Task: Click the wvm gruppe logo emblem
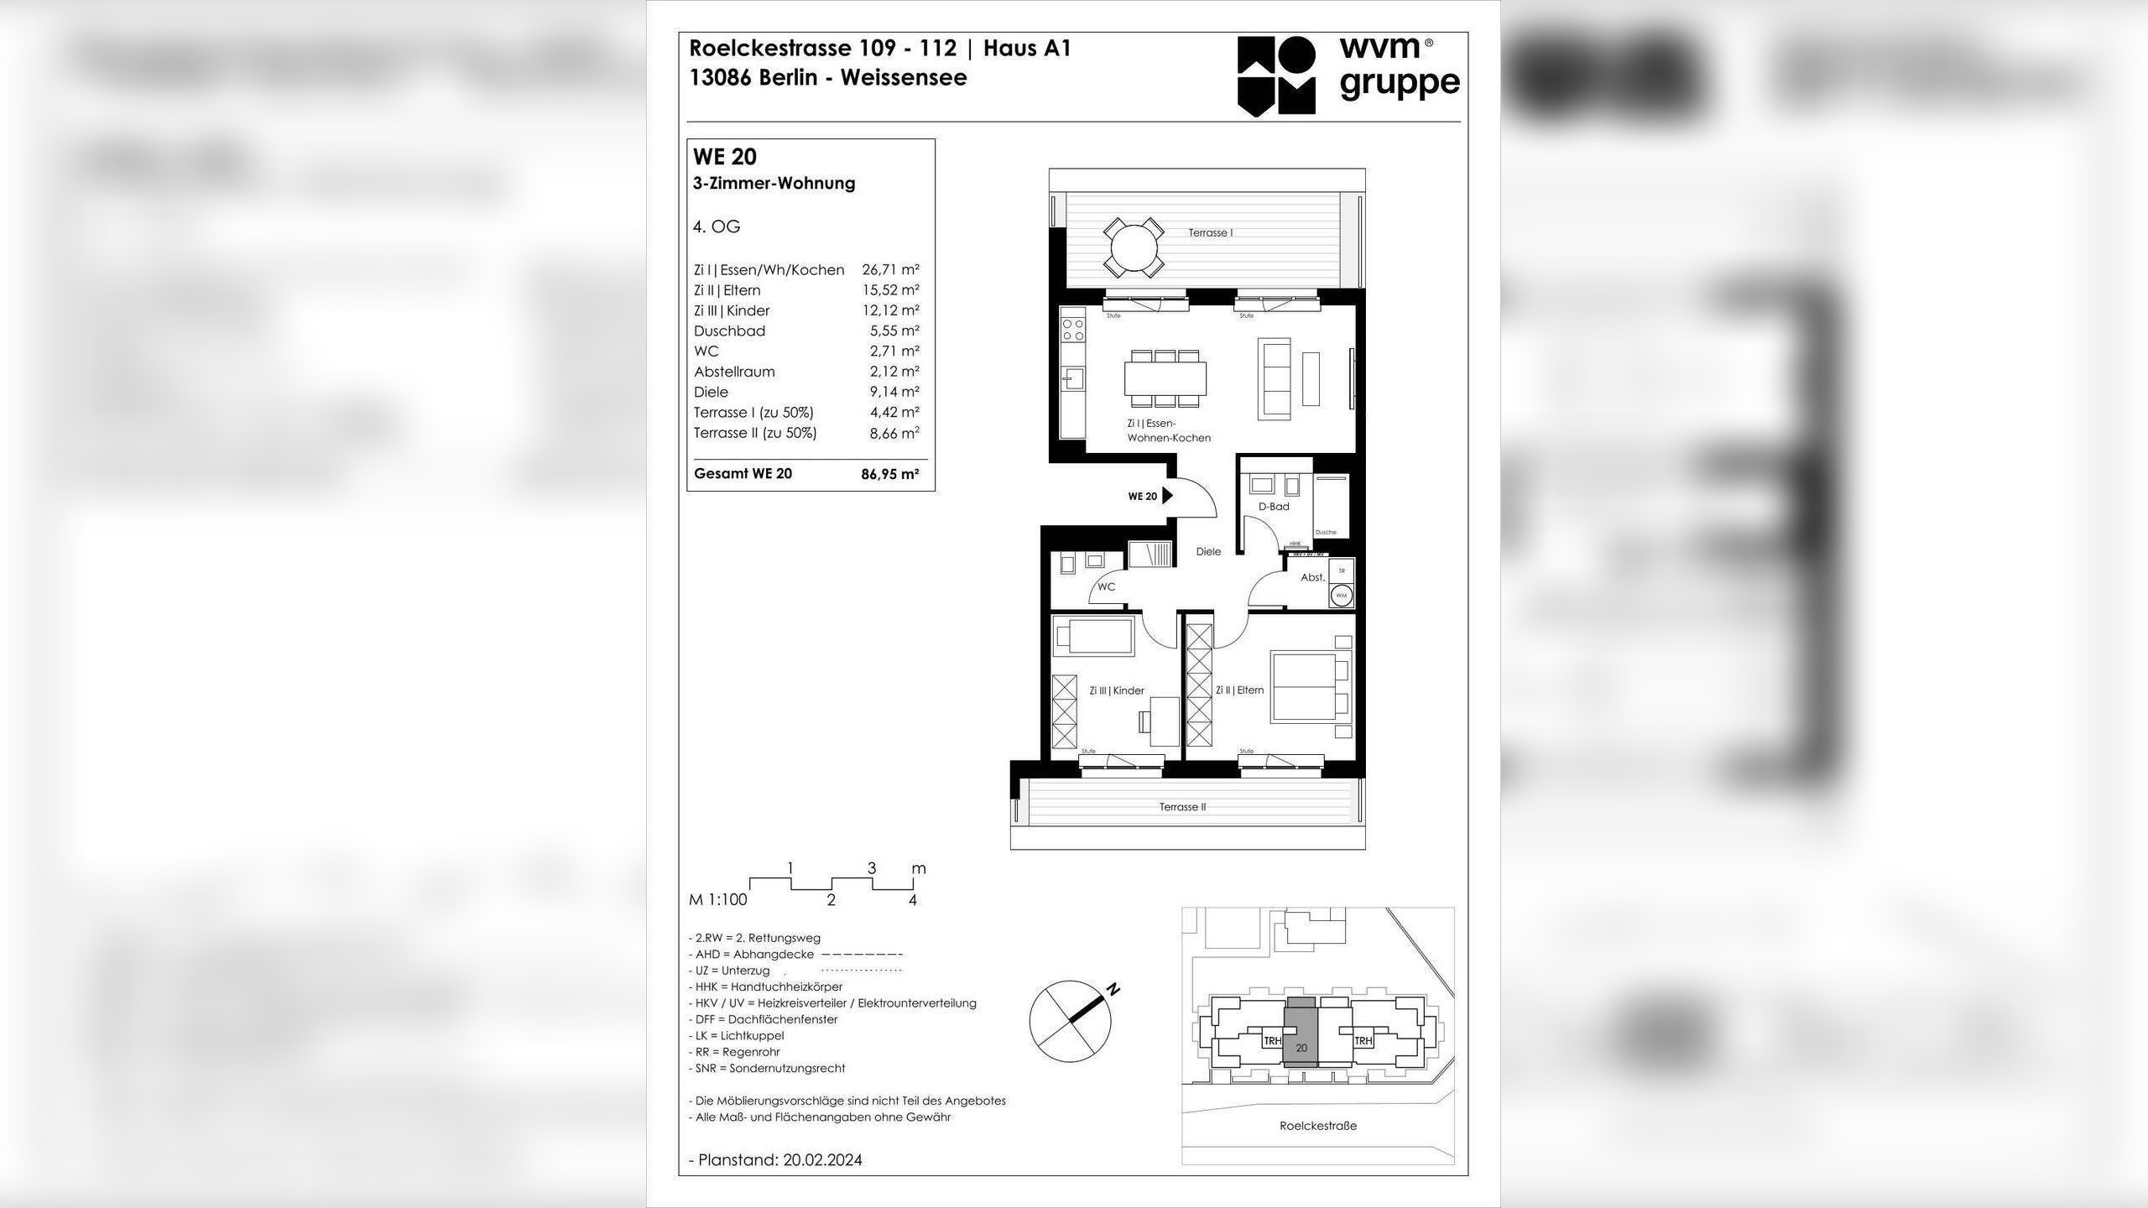pyautogui.click(x=1276, y=75)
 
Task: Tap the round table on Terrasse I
pyautogui.click(x=1134, y=247)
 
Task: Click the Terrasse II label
pyautogui.click(x=1182, y=807)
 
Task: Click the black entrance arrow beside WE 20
pyautogui.click(x=1167, y=496)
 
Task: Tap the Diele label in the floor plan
pyautogui.click(x=1208, y=551)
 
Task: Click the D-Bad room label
pyautogui.click(x=1273, y=507)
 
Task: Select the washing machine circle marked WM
pyautogui.click(x=1341, y=596)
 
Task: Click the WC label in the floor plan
pyautogui.click(x=1106, y=586)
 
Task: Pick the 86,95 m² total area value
pyautogui.click(x=889, y=474)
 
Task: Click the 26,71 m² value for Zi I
pyautogui.click(x=890, y=270)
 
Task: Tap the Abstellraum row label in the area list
pyautogui.click(x=734, y=372)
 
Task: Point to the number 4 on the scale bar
pyautogui.click(x=913, y=901)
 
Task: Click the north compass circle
pyautogui.click(x=1070, y=1021)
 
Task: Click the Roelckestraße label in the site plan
pyautogui.click(x=1317, y=1126)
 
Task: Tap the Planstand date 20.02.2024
pyautogui.click(x=822, y=1160)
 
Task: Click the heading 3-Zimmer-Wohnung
pyautogui.click(x=774, y=183)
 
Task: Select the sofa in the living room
pyautogui.click(x=1274, y=379)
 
